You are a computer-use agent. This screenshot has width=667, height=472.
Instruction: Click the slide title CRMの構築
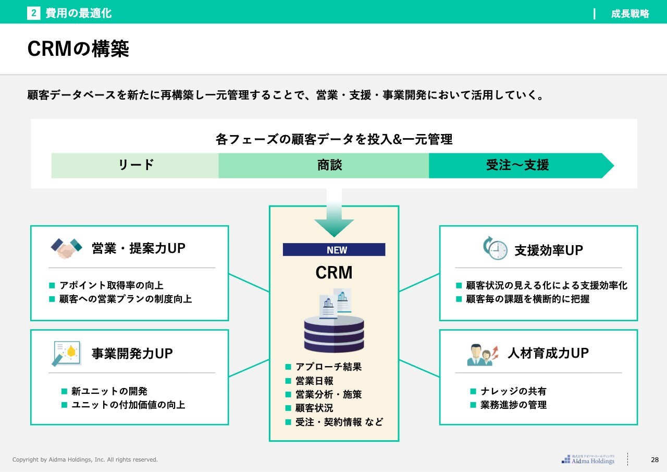[x=78, y=49]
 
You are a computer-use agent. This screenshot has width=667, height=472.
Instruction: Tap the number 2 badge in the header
[x=34, y=14]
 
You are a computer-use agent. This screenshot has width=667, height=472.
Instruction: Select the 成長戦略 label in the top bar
[x=630, y=14]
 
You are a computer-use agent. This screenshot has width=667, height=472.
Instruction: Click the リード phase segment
[x=135, y=165]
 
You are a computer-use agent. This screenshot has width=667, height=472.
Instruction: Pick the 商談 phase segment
[x=329, y=165]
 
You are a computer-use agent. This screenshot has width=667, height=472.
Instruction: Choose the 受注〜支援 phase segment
[x=517, y=165]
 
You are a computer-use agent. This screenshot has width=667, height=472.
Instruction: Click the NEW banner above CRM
[x=334, y=250]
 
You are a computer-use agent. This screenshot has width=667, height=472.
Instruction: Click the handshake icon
[x=66, y=248]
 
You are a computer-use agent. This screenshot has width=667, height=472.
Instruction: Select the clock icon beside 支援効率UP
[x=495, y=248]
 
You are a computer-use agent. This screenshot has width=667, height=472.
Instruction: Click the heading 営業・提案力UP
[x=139, y=248]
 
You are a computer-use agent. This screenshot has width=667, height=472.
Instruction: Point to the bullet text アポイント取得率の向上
[x=111, y=285]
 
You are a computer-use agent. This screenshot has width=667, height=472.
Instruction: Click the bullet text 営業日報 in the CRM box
[x=314, y=381]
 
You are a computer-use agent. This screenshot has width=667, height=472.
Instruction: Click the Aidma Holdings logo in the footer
[x=588, y=459]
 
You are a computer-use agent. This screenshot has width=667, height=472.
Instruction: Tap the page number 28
[x=655, y=459]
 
